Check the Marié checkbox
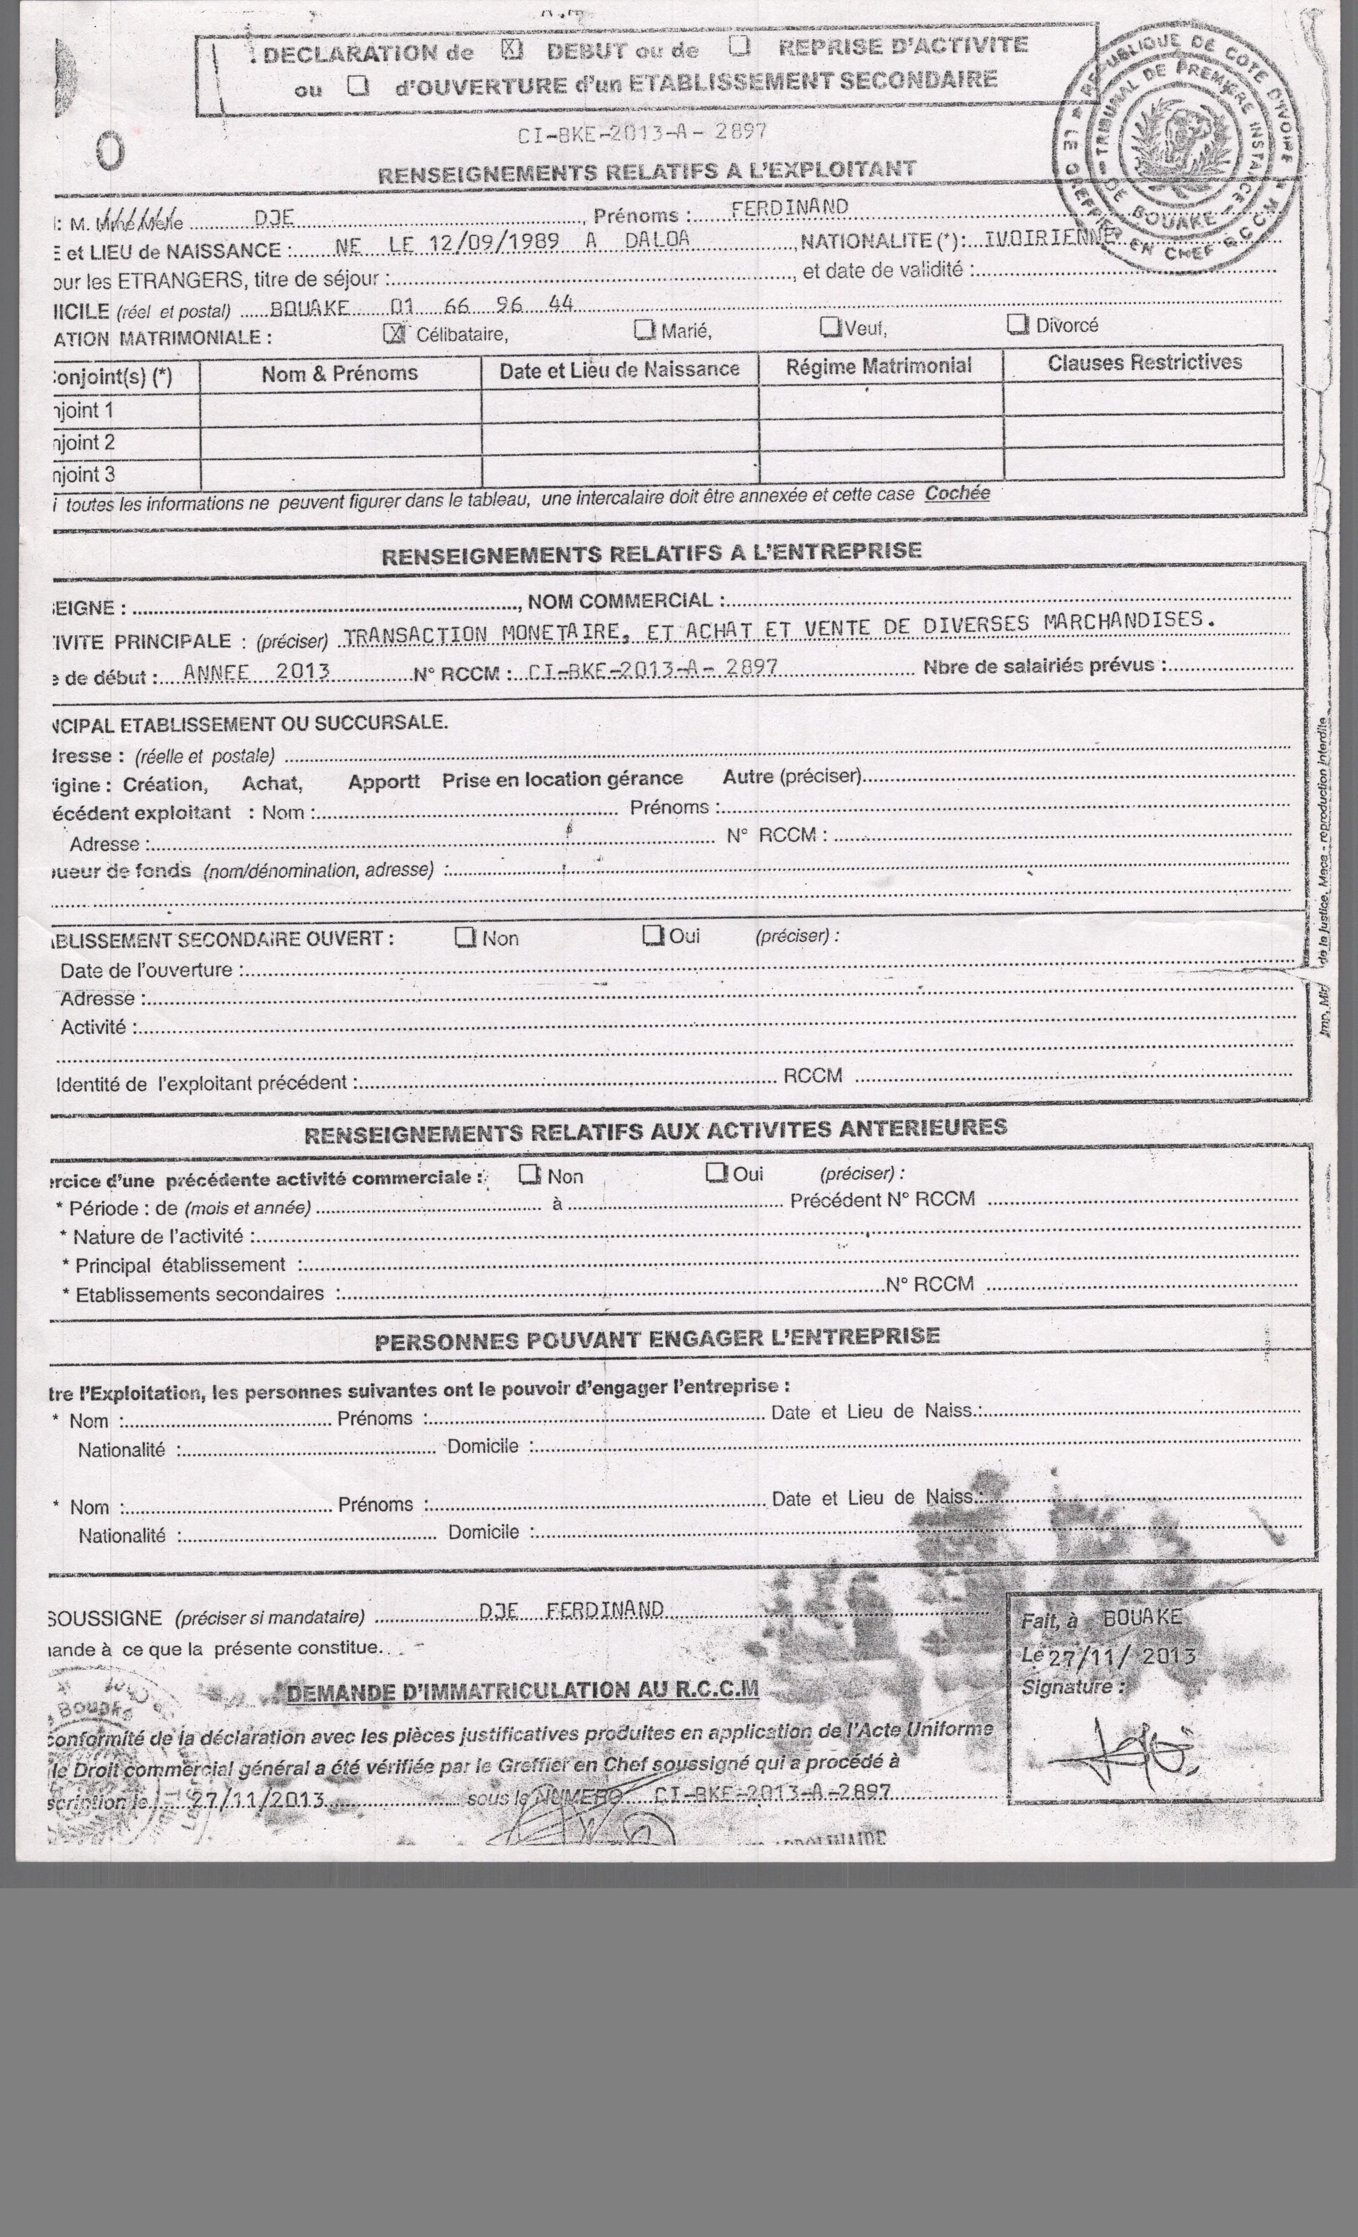tap(644, 330)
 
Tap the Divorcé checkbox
tap(1018, 324)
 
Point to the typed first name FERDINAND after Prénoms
tap(790, 207)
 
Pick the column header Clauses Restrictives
tap(1144, 363)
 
